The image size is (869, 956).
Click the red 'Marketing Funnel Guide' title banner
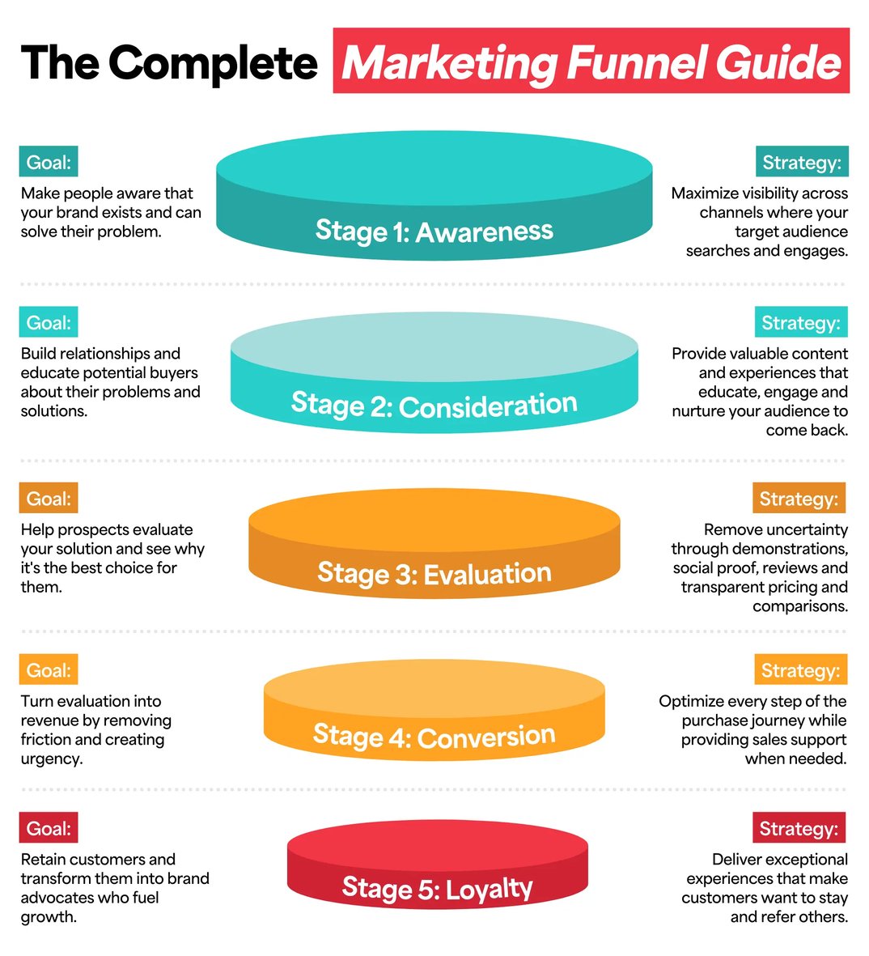[591, 62]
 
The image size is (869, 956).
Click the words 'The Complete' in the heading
[169, 63]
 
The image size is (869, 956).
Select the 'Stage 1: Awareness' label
[434, 232]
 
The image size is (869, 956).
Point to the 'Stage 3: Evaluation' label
[434, 574]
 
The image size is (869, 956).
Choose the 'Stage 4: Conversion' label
[434, 737]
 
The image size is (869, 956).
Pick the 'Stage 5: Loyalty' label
[437, 889]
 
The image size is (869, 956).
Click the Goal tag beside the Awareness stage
[49, 163]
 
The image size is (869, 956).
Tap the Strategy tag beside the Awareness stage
[801, 163]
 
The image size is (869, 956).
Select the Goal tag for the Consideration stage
[49, 323]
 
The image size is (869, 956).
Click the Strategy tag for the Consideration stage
[801, 323]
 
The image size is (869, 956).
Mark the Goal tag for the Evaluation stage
[49, 499]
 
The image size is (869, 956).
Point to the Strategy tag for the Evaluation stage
[799, 499]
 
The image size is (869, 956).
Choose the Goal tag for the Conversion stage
[49, 670]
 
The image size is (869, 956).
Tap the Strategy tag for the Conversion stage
[800, 670]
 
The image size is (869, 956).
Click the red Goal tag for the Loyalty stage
[49, 828]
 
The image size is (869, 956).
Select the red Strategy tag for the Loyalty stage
[799, 828]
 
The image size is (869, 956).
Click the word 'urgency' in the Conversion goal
[50, 759]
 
